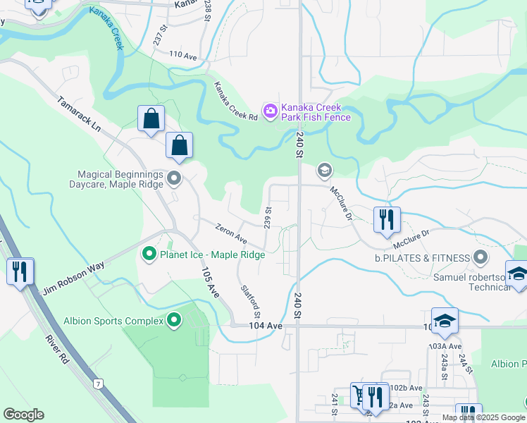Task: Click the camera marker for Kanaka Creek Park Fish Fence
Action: pos(270,111)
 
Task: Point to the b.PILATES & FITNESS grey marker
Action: pos(480,257)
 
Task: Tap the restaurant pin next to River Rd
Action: pos(20,271)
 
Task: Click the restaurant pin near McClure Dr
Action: pos(386,220)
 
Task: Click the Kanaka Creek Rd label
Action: pos(235,102)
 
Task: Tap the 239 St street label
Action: pos(268,217)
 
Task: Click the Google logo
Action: pos(23,415)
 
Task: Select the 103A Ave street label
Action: pos(446,346)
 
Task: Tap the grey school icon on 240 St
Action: pos(324,169)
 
